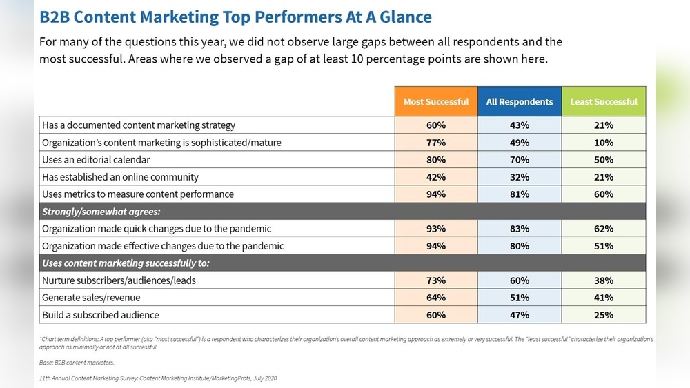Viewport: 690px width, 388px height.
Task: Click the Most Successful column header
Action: pyautogui.click(x=435, y=101)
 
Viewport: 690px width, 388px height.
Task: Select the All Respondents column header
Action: pyautogui.click(x=520, y=101)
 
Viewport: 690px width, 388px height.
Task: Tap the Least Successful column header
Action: pyautogui.click(x=604, y=101)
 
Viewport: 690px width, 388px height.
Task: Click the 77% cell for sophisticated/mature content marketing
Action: pyautogui.click(x=435, y=143)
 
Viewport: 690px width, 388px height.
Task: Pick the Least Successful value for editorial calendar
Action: pyautogui.click(x=604, y=160)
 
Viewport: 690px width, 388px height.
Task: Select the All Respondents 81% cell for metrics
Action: pyautogui.click(x=520, y=194)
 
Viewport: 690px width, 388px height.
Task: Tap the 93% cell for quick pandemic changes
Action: pyautogui.click(x=435, y=229)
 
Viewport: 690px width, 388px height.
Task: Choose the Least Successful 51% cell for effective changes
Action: pyautogui.click(x=604, y=246)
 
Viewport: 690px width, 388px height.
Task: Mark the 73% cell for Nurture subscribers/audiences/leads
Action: pyautogui.click(x=435, y=280)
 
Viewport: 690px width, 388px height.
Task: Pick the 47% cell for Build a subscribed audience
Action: pyautogui.click(x=520, y=315)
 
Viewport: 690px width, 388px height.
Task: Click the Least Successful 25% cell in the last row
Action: pyautogui.click(x=604, y=315)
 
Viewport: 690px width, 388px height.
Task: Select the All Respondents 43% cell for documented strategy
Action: pyautogui.click(x=520, y=125)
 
